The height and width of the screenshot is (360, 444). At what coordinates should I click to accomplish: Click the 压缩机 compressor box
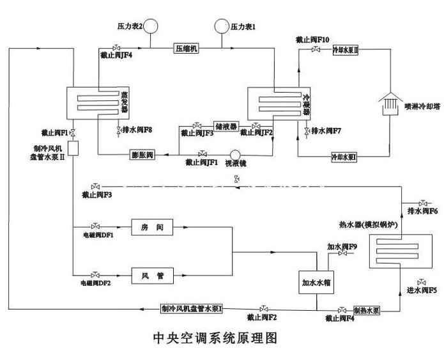pos(186,49)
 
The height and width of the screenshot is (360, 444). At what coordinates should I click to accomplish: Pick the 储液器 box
pos(226,126)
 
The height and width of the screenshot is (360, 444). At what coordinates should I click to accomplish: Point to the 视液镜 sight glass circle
pos(234,155)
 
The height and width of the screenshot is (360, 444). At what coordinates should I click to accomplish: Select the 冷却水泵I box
pos(344,156)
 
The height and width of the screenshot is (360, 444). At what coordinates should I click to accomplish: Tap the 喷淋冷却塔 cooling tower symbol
pos(386,103)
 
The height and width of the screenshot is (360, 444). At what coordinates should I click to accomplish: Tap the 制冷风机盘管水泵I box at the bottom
pos(192,309)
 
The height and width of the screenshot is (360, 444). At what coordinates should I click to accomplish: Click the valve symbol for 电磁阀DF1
pos(96,226)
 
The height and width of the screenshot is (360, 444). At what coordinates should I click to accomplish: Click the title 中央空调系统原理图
pos(215,337)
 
